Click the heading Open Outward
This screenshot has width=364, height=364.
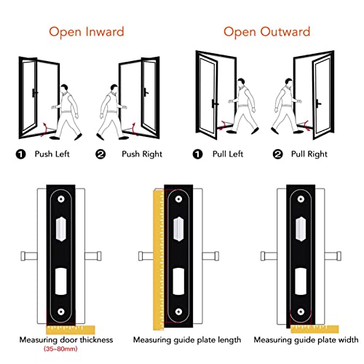point(266,31)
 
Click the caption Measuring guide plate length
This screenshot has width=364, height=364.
point(182,340)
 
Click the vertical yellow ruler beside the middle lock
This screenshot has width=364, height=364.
point(156,255)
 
